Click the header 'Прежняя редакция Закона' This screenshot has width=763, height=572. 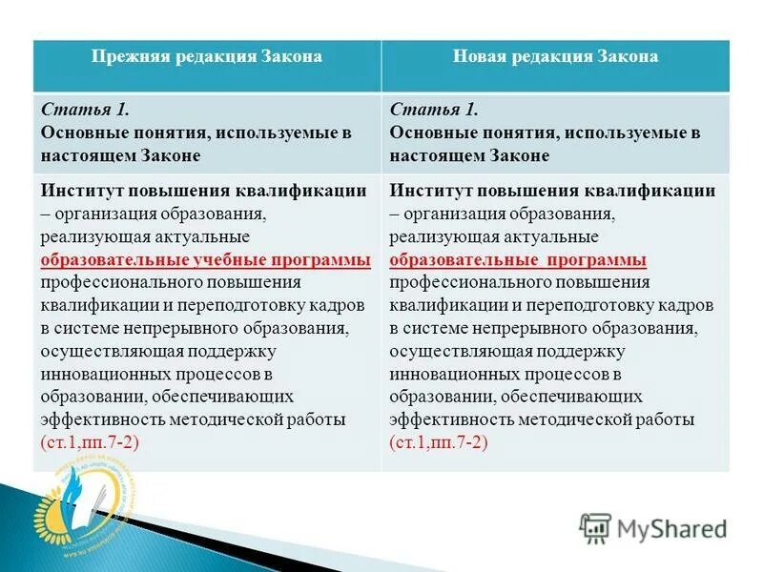pyautogui.click(x=207, y=56)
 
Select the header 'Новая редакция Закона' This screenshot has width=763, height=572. pyautogui.click(x=555, y=56)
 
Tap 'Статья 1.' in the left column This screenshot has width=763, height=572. pyautogui.click(x=75, y=111)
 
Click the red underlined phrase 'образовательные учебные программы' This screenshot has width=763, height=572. pyautogui.click(x=206, y=259)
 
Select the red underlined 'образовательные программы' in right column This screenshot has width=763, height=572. pyautogui.click(x=518, y=259)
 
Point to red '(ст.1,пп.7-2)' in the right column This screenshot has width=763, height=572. pyautogui.click(x=439, y=442)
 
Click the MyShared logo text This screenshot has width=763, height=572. pyautogui.click(x=671, y=528)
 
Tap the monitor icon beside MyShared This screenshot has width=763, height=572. pyautogui.click(x=595, y=527)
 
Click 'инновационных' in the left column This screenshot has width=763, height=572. pyautogui.click(x=100, y=374)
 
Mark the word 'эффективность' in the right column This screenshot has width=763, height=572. pyautogui.click(x=453, y=419)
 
